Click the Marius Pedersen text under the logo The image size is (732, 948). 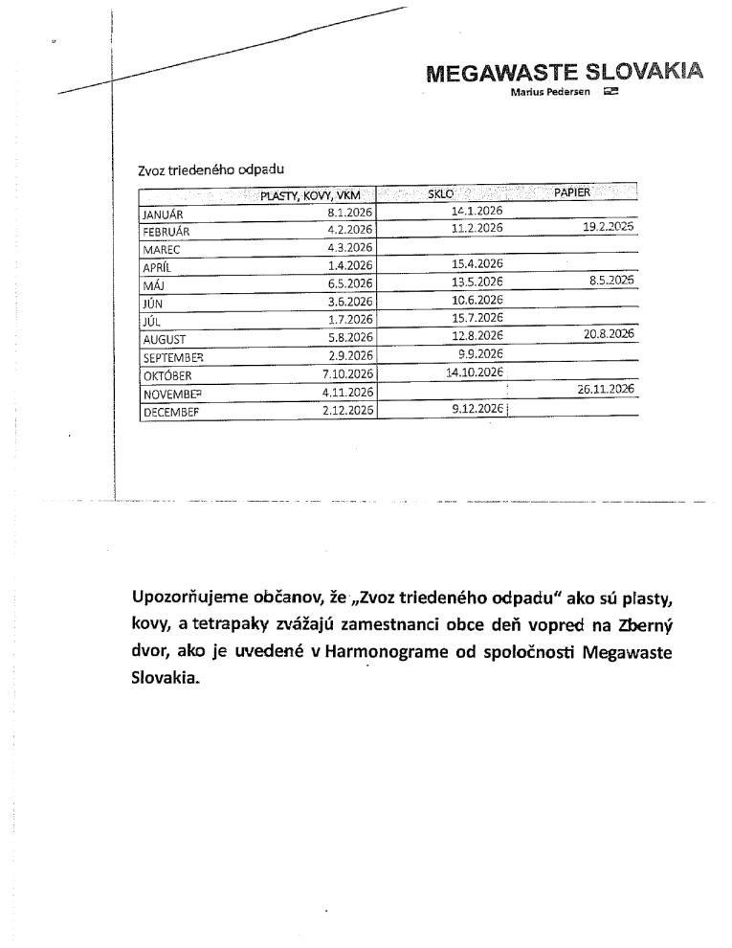tap(550, 91)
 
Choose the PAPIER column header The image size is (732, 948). tap(572, 192)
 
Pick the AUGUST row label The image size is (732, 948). tap(165, 339)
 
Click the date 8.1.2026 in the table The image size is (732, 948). tap(349, 213)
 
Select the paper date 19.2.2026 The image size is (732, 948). tap(609, 227)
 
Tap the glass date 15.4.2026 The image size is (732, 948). tap(477, 263)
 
